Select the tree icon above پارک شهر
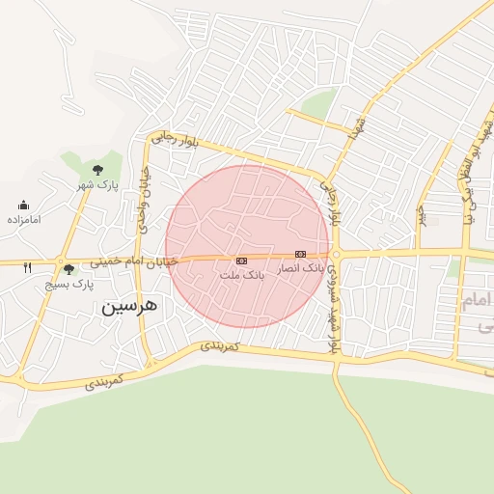coord(97,170)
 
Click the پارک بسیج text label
coord(69,285)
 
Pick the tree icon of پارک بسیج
coord(69,270)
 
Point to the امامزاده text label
coord(23,219)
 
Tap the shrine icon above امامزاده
coord(23,205)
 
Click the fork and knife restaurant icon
coord(27,267)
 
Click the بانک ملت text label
coord(241,276)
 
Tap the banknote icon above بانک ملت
coord(241,261)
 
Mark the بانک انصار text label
coord(301,267)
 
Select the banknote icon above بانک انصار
coord(301,254)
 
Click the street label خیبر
coord(421,214)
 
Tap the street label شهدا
coord(360,128)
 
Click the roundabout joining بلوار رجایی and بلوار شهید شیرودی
coord(336,255)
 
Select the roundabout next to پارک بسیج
coord(60,261)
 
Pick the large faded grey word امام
coord(480,303)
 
